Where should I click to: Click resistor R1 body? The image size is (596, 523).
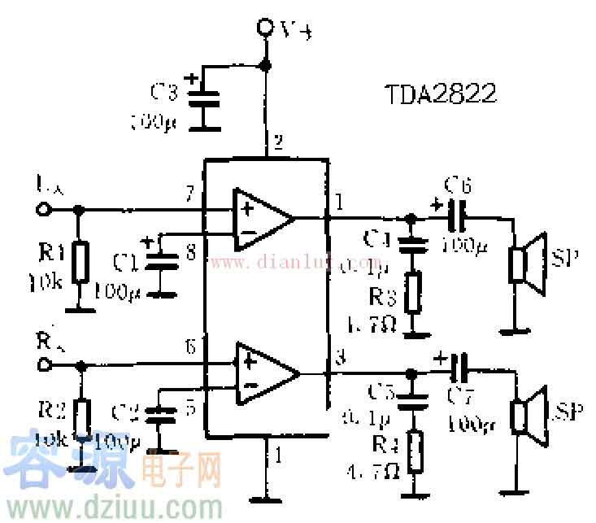[x=79, y=261]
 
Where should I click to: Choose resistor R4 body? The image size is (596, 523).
[x=414, y=451]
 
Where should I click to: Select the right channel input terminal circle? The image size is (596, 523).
[x=43, y=364]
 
